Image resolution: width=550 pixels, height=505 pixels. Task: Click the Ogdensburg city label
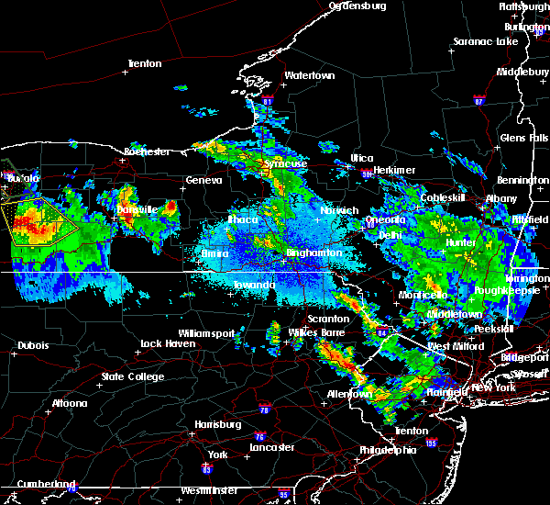tap(357, 6)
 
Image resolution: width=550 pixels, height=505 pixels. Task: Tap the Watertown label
tap(308, 74)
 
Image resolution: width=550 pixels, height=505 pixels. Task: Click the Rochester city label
tap(147, 151)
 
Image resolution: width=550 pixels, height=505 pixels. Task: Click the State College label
tap(132, 376)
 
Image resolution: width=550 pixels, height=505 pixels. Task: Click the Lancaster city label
tap(272, 447)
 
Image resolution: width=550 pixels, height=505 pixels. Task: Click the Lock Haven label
tap(165, 343)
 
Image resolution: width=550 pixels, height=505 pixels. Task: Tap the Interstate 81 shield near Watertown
tap(267, 101)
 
